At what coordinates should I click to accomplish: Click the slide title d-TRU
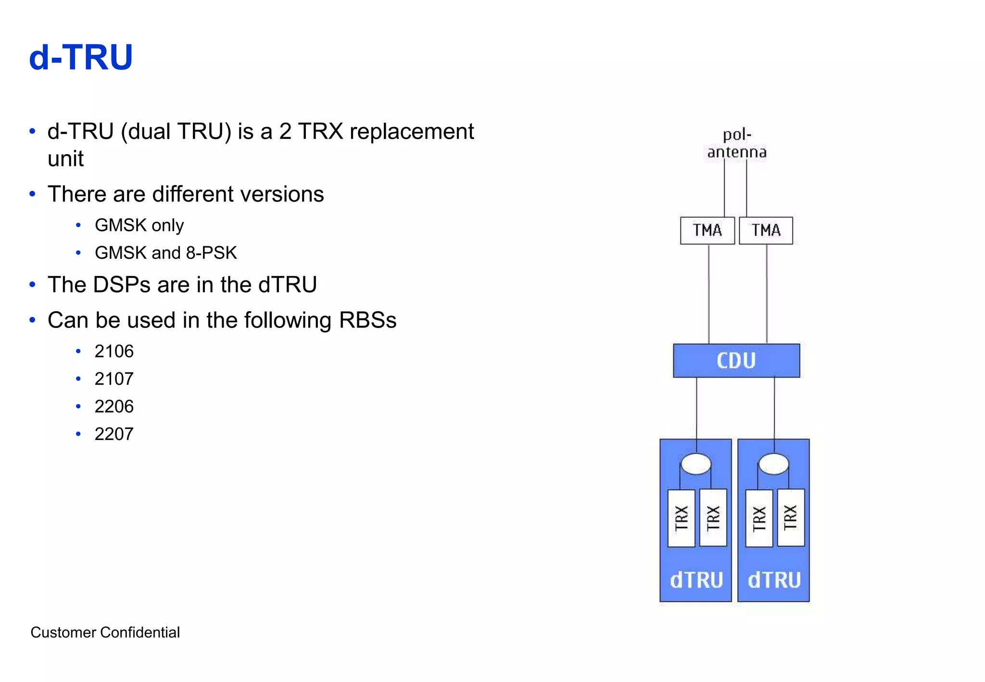(81, 58)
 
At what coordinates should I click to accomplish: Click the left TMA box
(707, 230)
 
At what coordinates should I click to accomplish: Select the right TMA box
(766, 230)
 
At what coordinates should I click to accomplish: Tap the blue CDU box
(736, 360)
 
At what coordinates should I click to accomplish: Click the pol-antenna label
(736, 143)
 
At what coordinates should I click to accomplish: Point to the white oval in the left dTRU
(696, 464)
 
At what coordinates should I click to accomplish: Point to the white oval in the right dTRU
(773, 464)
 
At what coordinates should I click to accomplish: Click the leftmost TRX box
(681, 518)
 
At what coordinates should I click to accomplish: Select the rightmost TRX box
(791, 518)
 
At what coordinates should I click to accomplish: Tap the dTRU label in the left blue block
(696, 580)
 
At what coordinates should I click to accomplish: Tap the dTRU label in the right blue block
(774, 580)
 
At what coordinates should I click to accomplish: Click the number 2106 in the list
(114, 352)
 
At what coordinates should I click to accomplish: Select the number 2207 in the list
(114, 434)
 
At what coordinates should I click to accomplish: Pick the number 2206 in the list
(114, 407)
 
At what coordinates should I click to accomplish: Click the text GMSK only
(139, 226)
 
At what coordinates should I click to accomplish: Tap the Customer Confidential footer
(105, 632)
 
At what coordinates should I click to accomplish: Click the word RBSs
(367, 320)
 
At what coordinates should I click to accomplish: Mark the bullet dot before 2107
(78, 379)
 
